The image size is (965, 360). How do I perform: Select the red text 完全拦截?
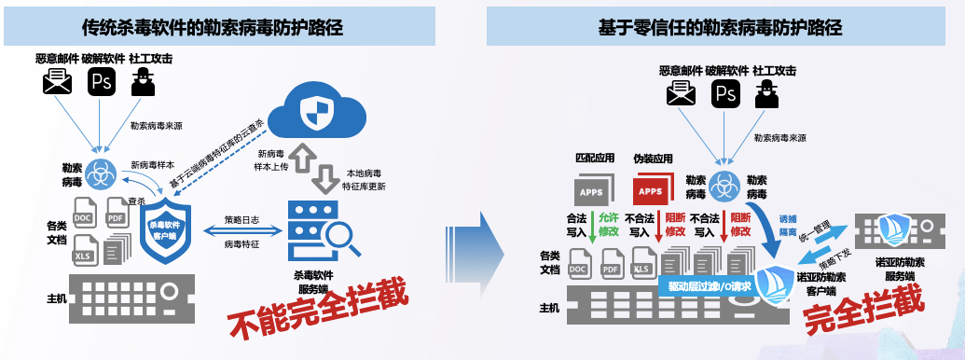point(864,307)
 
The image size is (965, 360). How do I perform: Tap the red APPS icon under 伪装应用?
point(652,191)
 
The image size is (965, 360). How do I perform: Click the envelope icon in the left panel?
point(58,84)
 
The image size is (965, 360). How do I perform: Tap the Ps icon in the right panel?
point(725,92)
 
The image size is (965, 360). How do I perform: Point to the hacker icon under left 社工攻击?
point(143,83)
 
